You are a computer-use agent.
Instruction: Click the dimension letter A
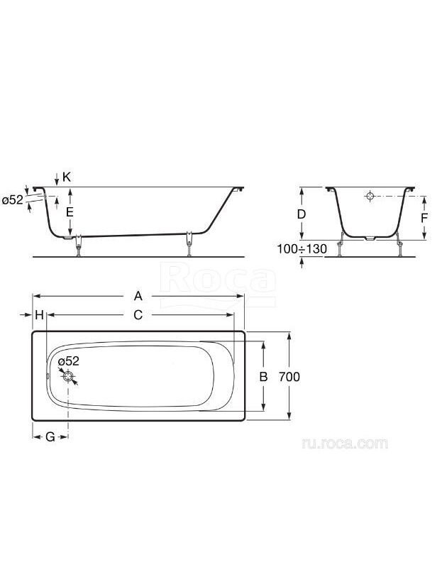click(138, 296)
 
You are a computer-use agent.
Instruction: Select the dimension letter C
click(138, 315)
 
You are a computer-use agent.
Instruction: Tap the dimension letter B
click(263, 376)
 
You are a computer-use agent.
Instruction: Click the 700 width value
click(289, 376)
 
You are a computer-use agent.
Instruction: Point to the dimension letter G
click(50, 436)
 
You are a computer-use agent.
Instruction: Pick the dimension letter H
click(40, 315)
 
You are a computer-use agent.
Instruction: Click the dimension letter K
click(67, 177)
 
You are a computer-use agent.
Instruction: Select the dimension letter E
click(70, 212)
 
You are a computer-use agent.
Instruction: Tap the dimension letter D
click(302, 214)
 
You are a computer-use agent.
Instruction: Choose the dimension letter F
click(424, 218)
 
